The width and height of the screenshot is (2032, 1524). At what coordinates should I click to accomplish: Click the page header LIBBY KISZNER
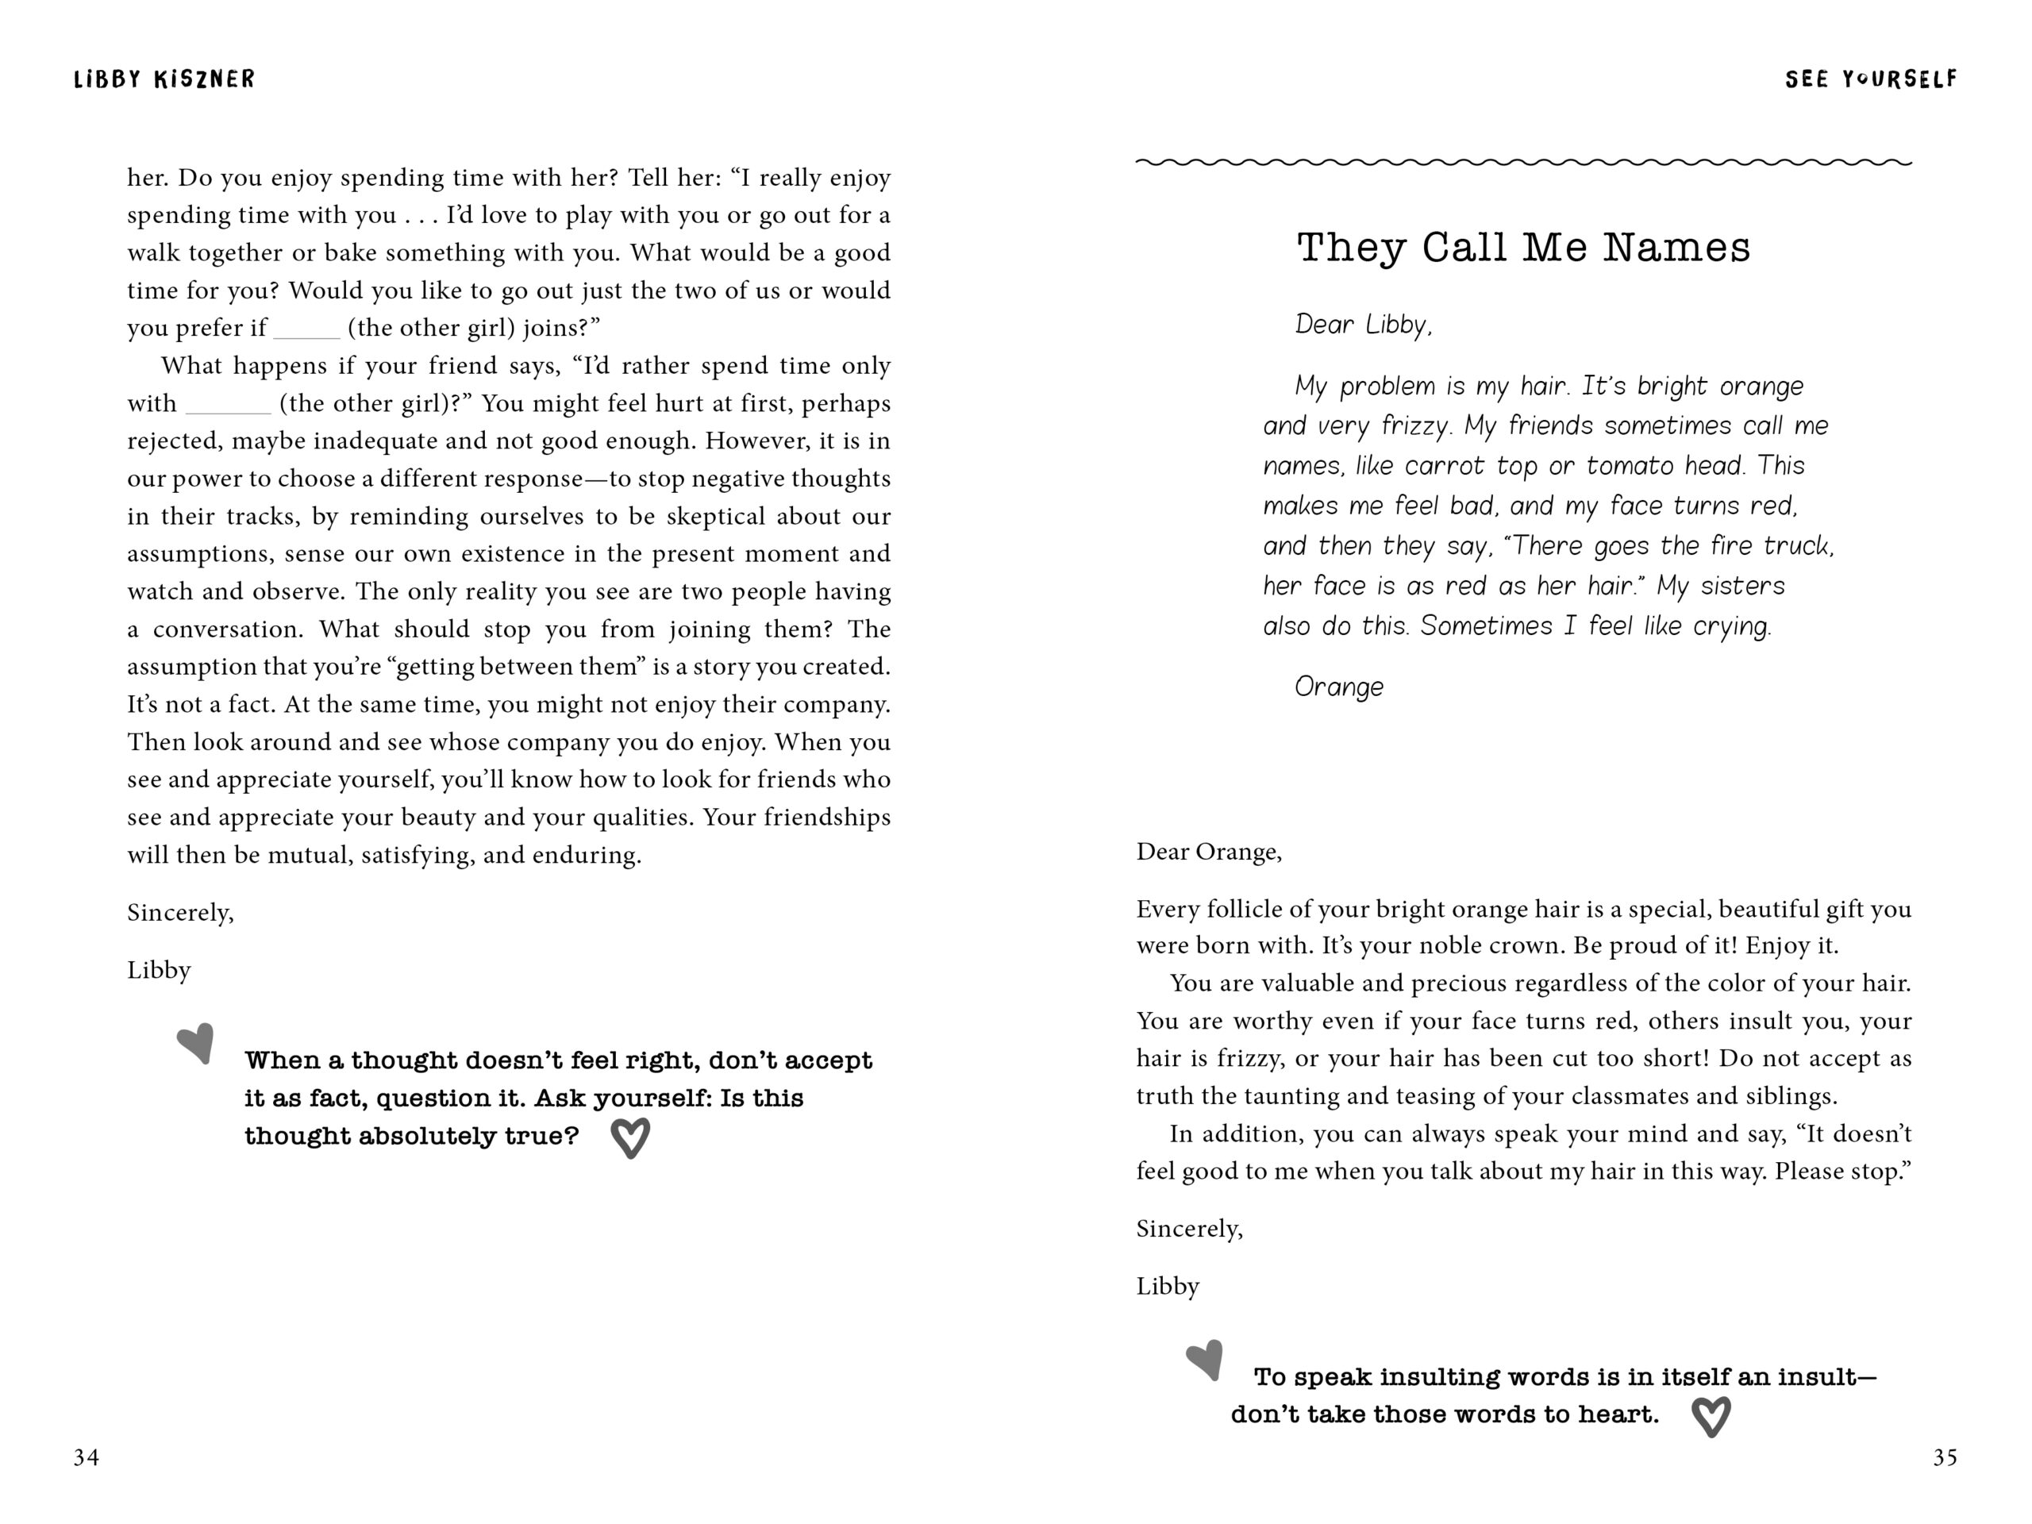164,79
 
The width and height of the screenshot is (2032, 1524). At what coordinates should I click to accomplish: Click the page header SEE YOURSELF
1870,80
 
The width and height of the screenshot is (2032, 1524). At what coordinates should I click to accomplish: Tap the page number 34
87,1457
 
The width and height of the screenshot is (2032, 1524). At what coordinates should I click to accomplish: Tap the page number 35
1945,1457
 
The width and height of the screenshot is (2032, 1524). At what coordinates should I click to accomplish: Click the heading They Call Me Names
1523,248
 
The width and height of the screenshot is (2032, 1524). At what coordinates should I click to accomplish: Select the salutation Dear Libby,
1363,325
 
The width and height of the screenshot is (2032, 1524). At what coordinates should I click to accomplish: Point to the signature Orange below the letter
1338,687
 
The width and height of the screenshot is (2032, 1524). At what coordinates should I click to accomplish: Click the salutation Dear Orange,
1209,852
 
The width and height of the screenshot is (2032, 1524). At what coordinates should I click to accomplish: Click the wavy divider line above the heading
1523,163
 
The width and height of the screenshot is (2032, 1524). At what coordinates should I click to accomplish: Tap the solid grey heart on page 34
197,1043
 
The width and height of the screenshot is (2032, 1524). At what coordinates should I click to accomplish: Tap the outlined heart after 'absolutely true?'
630,1137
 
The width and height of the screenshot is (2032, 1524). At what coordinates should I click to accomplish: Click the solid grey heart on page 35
1205,1359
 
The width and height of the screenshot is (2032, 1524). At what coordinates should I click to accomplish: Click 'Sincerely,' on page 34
181,912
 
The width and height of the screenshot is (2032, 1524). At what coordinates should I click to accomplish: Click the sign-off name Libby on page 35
1168,1286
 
